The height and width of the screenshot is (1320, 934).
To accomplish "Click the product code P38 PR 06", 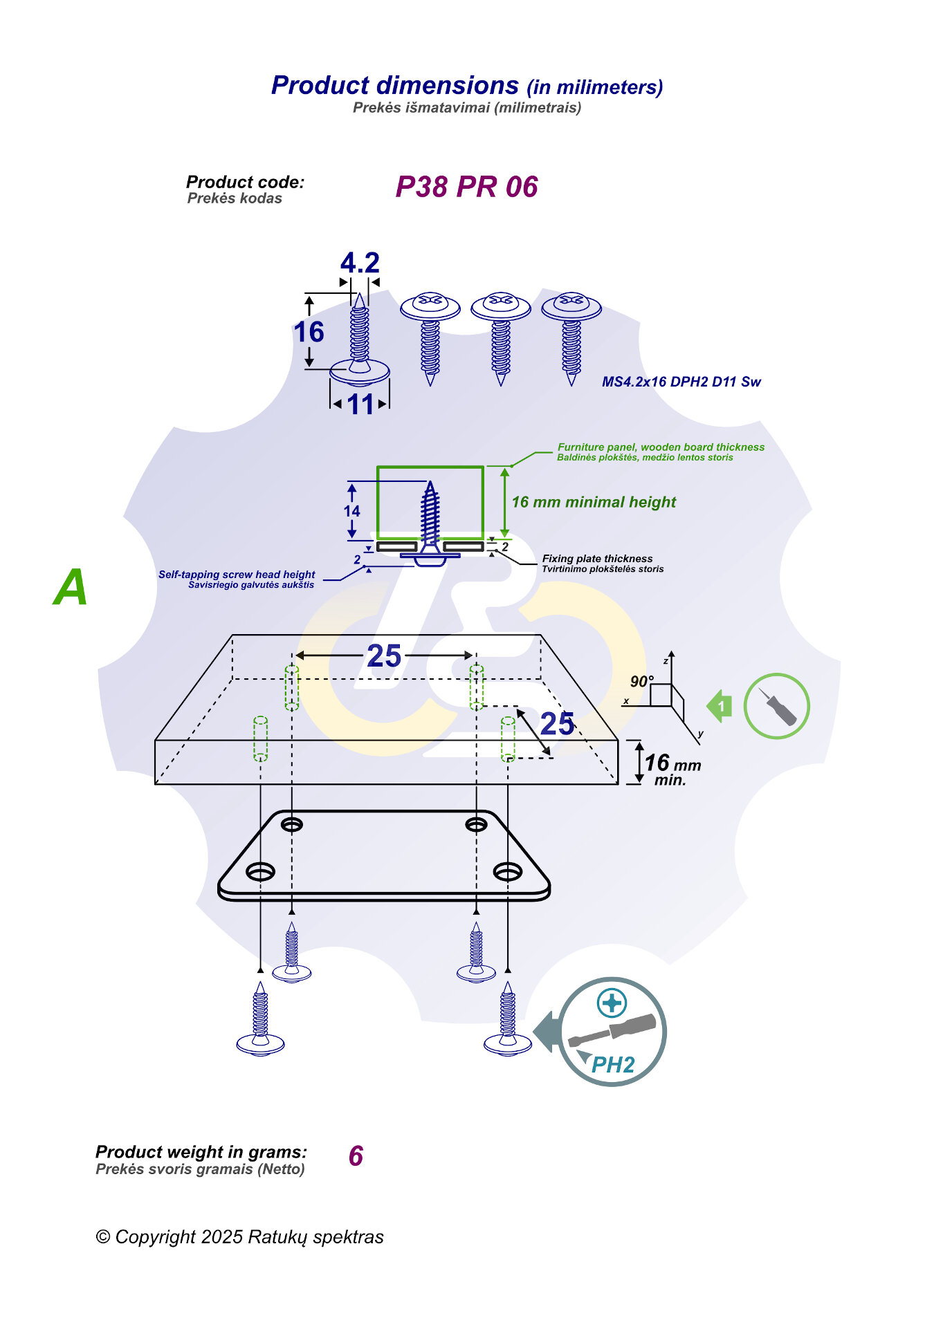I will coord(466,187).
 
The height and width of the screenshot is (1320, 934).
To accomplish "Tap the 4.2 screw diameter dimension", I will coord(360,263).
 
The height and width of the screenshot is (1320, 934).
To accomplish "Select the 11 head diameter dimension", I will coord(360,405).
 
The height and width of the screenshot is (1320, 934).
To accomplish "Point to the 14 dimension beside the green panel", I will coord(351,511).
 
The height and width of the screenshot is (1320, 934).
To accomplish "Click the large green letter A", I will coord(71,588).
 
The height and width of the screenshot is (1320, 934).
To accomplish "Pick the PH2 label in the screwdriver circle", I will coord(614,1065).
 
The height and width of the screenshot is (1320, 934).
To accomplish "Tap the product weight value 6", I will coord(356,1156).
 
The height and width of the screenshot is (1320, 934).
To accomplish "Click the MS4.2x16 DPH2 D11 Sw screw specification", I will coord(681,382).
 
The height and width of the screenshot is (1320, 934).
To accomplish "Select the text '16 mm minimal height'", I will coord(594,502).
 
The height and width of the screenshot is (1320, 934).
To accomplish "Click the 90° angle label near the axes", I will coord(641,681).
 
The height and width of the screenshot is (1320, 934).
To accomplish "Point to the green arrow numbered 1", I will coord(720,706).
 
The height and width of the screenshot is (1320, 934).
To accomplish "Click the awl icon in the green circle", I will coord(777,706).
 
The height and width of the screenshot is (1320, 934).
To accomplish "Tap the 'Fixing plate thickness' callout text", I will coord(597,559).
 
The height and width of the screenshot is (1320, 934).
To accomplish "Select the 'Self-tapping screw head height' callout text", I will coord(237,575).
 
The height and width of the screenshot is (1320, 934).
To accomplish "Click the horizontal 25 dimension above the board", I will coord(384,656).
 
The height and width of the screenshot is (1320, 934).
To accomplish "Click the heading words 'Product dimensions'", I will coord(394,85).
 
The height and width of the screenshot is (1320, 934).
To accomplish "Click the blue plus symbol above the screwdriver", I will coord(612,1003).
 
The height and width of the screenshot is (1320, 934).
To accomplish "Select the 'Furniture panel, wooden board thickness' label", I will coord(661,447).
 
